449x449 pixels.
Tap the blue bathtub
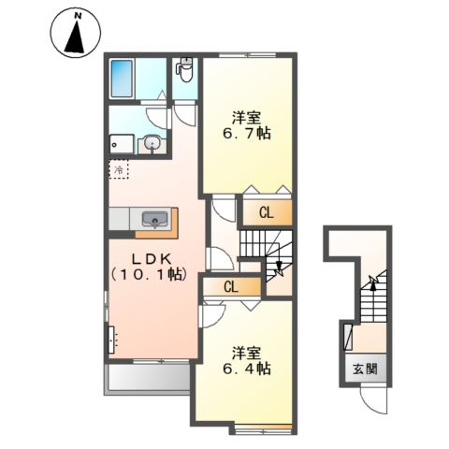tap(124, 81)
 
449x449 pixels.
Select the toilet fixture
tap(185, 71)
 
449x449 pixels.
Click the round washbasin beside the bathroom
tap(152, 144)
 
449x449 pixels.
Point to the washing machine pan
tap(120, 143)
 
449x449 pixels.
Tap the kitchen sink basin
tap(153, 220)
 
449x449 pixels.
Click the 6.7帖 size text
tap(246, 135)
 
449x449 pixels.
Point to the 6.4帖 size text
tap(246, 369)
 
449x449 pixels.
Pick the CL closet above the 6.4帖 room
tap(229, 286)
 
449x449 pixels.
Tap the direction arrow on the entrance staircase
tap(372, 282)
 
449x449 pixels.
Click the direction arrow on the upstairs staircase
tap(277, 269)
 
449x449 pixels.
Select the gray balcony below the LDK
tap(149, 377)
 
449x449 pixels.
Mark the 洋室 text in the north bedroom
tap(246, 118)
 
